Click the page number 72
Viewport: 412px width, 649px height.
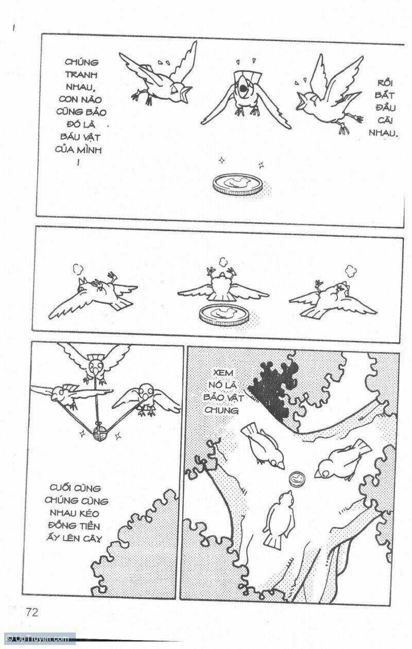coord(32,612)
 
